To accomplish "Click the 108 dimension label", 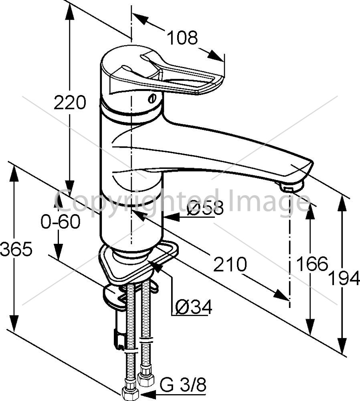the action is pos(182,38).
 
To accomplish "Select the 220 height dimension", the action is pos(70,102).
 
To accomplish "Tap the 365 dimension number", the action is pos(16,249).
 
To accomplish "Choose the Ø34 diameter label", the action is pos(194,307).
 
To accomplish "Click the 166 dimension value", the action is pos(312,263).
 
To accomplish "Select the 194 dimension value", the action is pos(344,278).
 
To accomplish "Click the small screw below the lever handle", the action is pos(152,99).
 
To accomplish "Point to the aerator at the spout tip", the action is pos(292,186).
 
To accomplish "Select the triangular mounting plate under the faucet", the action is pos(138,263).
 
